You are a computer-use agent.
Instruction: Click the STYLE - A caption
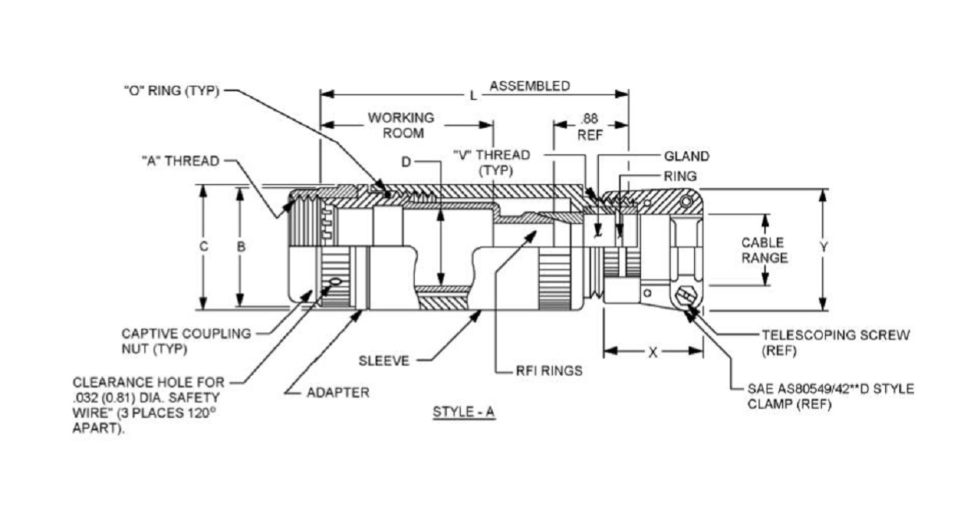pos(464,413)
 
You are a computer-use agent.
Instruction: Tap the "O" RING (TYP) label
pos(172,91)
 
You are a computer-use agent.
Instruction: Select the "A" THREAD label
pos(181,161)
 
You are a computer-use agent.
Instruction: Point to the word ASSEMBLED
pos(530,86)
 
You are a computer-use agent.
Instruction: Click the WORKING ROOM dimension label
pos(401,125)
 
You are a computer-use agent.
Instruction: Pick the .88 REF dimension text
pos(590,127)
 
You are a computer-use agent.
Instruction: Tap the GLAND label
pos(686,156)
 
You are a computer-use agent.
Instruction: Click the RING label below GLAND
pos(680,176)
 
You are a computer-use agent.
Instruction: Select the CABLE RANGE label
pos(764,250)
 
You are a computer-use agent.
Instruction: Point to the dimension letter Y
pos(824,247)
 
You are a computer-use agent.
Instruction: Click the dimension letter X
pos(653,353)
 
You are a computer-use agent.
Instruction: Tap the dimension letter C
pos(204,246)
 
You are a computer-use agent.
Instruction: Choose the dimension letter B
pos(241,246)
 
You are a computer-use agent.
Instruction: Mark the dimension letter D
pos(406,162)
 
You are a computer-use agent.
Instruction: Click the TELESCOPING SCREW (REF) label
pos(836,343)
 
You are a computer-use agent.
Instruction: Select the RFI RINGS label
pos(549,370)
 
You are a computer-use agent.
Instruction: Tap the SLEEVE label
pos(384,361)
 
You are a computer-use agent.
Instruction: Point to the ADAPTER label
pos(338,393)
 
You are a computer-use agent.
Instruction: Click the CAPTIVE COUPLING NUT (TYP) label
pos(186,342)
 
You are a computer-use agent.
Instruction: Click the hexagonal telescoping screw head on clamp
pos(685,296)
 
